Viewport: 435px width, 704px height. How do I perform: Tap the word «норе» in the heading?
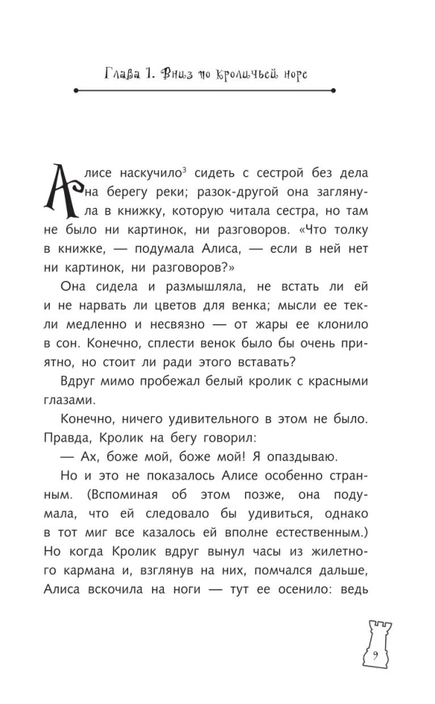pos(291,74)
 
